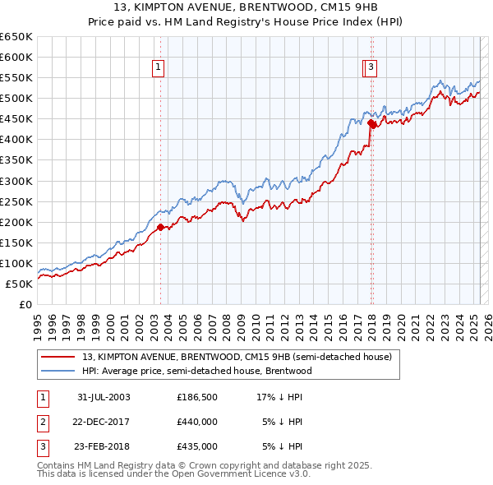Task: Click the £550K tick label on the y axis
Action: pyautogui.click(x=16, y=78)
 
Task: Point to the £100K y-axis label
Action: pyautogui.click(x=16, y=263)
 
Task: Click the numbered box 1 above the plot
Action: pyautogui.click(x=157, y=68)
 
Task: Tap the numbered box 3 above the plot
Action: pyautogui.click(x=371, y=68)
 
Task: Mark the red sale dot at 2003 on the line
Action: pyautogui.click(x=161, y=228)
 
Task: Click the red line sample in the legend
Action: pyautogui.click(x=58, y=358)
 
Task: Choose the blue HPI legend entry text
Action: pyautogui.click(x=197, y=371)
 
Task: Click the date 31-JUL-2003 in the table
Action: pyautogui.click(x=104, y=397)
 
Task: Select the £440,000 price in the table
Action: pyautogui.click(x=197, y=422)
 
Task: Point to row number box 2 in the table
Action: pyautogui.click(x=42, y=422)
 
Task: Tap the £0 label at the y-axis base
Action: pyautogui.click(x=25, y=304)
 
